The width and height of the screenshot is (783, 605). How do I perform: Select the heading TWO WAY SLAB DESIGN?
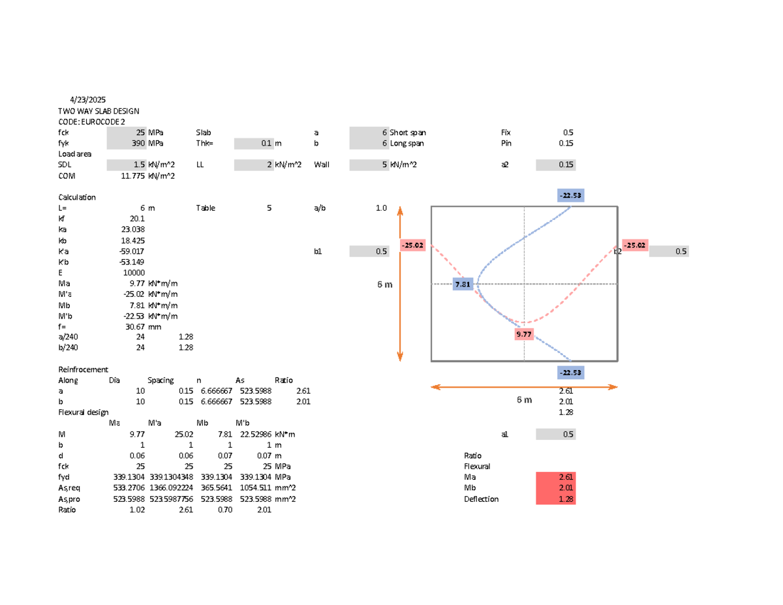click(99, 112)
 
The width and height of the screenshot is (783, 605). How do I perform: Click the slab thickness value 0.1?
click(265, 143)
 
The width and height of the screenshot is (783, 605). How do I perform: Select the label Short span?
click(408, 132)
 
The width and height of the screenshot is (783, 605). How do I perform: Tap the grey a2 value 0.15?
click(566, 165)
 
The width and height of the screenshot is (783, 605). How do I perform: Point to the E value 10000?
click(134, 273)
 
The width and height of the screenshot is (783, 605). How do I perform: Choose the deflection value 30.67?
click(136, 326)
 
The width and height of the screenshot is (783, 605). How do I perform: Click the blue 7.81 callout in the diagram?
click(463, 285)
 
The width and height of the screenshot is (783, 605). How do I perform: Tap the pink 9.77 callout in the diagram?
click(524, 334)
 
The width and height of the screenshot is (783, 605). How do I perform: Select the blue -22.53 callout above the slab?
click(570, 195)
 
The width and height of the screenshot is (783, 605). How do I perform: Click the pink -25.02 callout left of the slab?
click(413, 245)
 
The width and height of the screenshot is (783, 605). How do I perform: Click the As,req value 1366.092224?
click(172, 488)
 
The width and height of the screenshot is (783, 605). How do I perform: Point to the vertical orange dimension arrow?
click(400, 285)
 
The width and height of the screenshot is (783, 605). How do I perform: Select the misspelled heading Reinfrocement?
click(84, 369)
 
